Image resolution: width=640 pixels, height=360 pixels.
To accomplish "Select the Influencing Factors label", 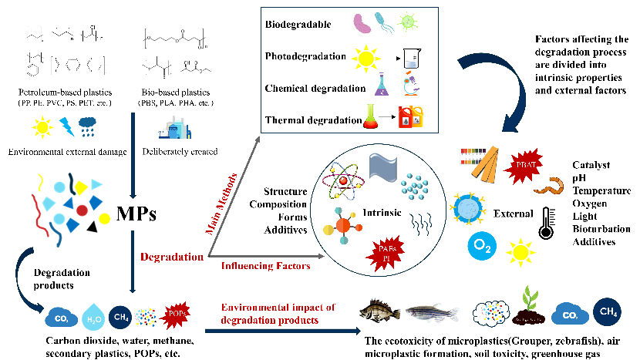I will [265, 267].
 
